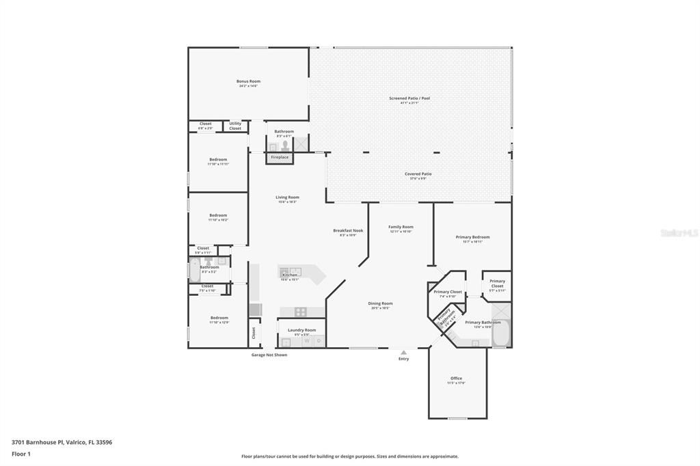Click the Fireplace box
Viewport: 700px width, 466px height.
280,157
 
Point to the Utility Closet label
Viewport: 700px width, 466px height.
235,126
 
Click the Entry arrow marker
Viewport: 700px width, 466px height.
403,353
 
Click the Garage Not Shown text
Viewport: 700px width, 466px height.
269,355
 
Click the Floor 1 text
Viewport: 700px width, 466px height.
21,454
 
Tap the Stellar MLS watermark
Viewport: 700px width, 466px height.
679,233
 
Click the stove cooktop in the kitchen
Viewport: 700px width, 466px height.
300,312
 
